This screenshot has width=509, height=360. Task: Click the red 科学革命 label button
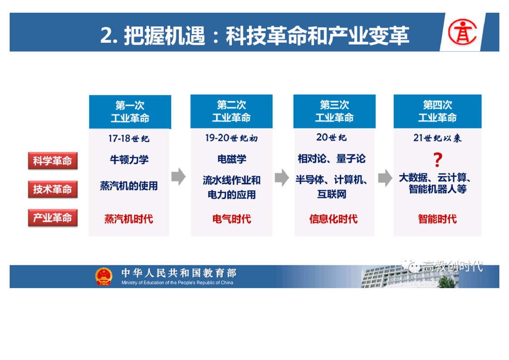coord(53,161)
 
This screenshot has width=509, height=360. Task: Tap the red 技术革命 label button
coord(53,189)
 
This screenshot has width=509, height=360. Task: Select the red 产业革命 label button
coord(53,218)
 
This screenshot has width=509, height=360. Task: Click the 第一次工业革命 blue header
coord(130,112)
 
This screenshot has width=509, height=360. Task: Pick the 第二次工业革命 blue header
coord(231,111)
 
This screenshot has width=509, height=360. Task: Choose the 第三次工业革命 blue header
coord(334,111)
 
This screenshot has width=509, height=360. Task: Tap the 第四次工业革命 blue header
coord(438,111)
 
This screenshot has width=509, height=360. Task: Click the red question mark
coord(438,159)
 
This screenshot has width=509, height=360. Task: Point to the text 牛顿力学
coord(129,159)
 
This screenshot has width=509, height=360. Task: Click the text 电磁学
coord(232,159)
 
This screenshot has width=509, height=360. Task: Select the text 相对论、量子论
coord(332,159)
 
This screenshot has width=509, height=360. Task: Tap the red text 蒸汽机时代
coord(129,219)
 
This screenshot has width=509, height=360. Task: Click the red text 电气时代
coord(232,219)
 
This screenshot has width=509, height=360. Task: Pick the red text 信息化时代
coord(333,219)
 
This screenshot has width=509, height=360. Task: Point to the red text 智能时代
coord(437,219)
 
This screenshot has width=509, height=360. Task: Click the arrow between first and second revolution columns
coord(179,177)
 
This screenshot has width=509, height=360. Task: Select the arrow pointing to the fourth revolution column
coord(385,178)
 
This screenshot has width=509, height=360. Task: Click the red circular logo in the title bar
coord(463,32)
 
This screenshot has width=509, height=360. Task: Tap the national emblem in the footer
coord(104,276)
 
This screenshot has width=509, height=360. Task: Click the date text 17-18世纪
coord(129,139)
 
